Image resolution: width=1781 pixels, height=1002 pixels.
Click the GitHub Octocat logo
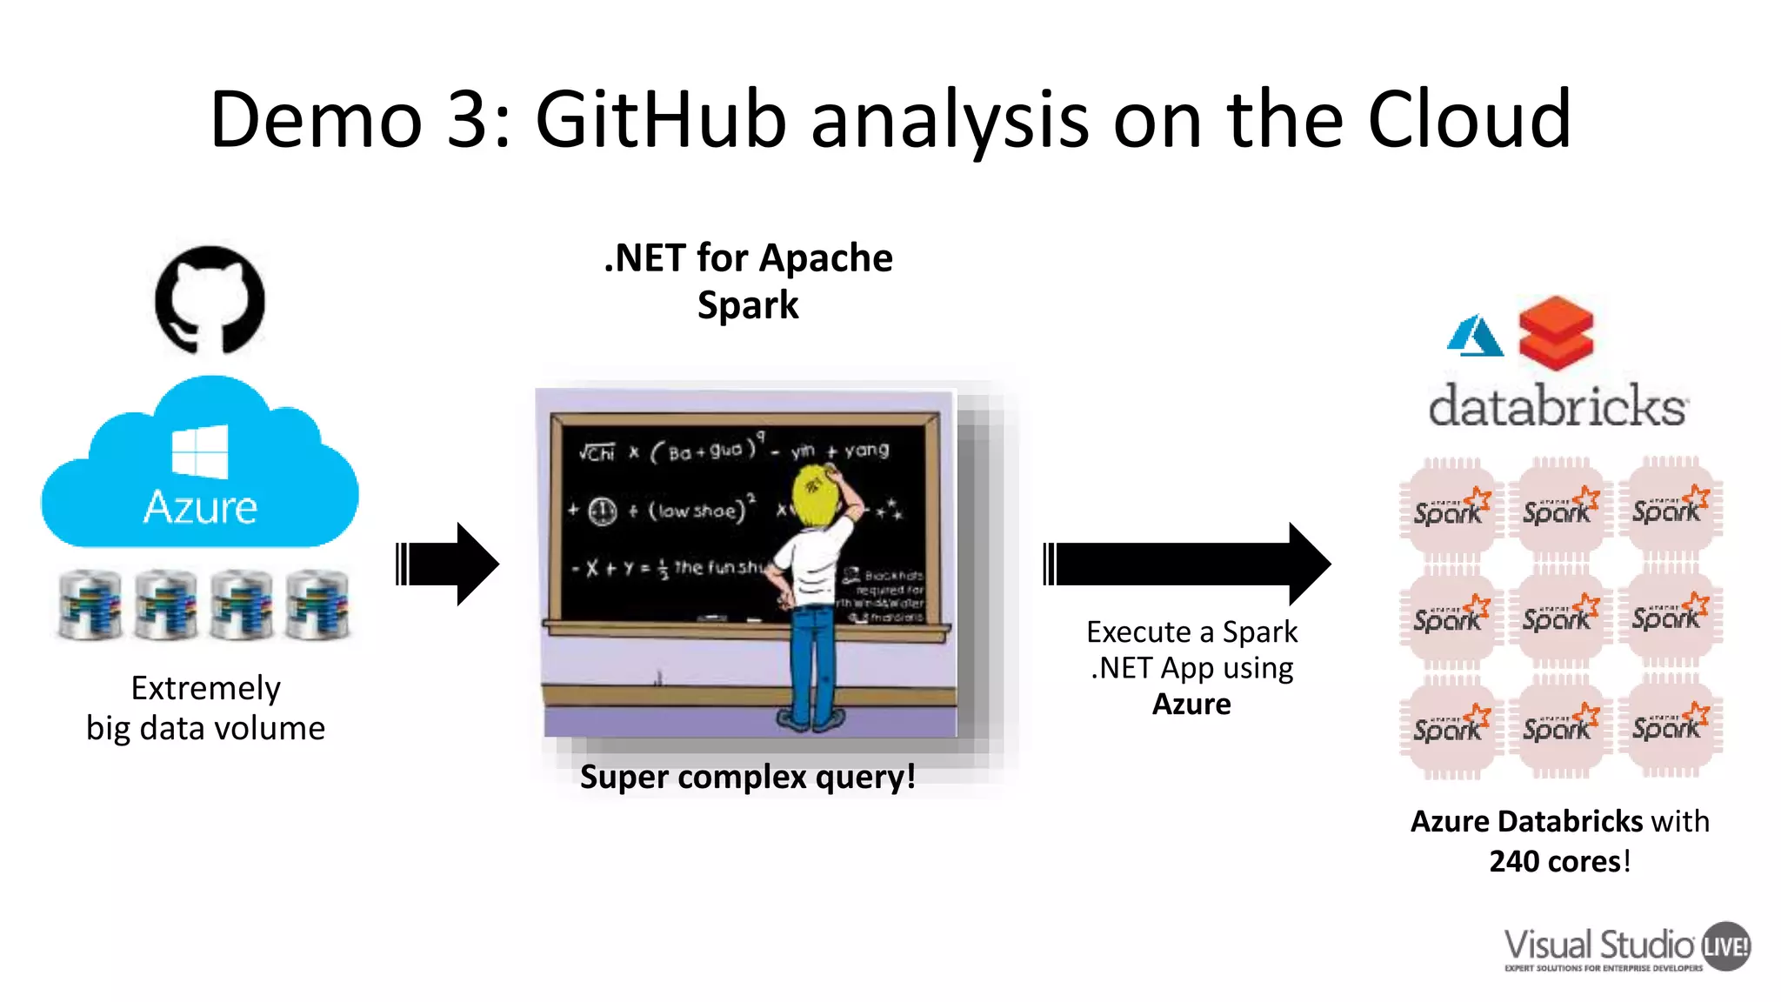tap(210, 299)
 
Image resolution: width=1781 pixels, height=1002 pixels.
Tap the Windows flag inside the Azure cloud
tap(200, 451)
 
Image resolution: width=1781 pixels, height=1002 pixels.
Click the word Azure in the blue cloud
tap(200, 507)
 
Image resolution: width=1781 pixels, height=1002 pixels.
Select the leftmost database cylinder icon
tap(89, 605)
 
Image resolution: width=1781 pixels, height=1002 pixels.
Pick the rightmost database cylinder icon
tap(317, 605)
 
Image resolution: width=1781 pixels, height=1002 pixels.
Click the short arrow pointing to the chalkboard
tap(447, 564)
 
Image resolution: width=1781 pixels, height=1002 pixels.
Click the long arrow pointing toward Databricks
tap(1187, 564)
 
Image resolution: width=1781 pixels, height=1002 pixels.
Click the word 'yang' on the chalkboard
tap(866, 450)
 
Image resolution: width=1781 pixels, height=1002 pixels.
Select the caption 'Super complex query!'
tap(747, 776)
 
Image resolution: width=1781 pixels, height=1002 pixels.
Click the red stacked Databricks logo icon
tap(1556, 333)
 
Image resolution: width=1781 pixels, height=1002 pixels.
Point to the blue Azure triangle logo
tap(1475, 336)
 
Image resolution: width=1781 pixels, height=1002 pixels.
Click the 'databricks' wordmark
tap(1558, 406)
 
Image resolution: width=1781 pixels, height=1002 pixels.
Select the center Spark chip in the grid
tap(1558, 618)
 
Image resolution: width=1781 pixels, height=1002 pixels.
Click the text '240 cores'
tap(1555, 861)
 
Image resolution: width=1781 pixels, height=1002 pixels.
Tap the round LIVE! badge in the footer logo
tap(1725, 945)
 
